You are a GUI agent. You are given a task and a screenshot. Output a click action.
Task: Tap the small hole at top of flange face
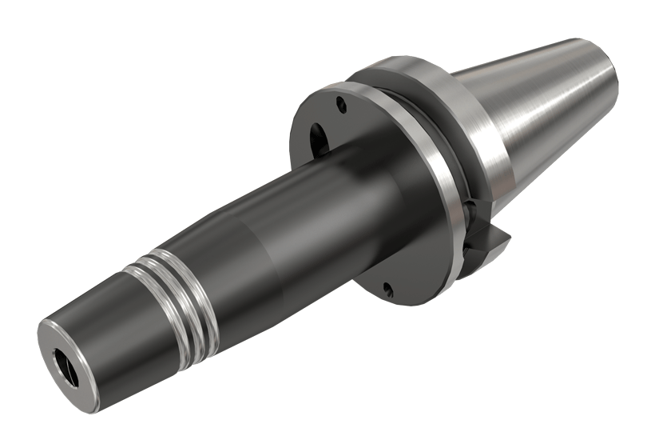pyautogui.click(x=341, y=102)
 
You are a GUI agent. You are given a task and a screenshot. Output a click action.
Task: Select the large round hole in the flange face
pyautogui.click(x=317, y=137)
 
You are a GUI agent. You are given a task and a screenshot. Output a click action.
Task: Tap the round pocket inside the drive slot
pyautogui.click(x=471, y=210)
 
